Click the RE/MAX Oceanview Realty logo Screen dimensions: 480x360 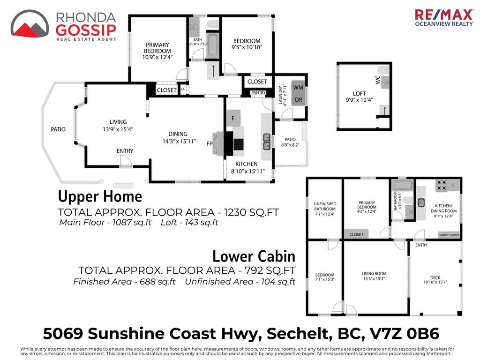(443, 18)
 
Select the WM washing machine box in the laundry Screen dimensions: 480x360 (298, 88)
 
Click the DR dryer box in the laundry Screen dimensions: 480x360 (298, 100)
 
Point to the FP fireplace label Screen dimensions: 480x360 (210, 143)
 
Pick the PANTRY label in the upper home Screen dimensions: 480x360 (258, 92)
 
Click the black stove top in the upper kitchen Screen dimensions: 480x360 (239, 144)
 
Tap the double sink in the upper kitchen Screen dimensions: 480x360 (267, 142)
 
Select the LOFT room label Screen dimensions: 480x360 (360, 94)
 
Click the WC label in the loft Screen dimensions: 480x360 (378, 80)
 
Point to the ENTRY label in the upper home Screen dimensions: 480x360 (125, 151)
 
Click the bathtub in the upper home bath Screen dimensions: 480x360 (212, 46)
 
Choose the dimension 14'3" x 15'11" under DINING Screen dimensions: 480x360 (179, 141)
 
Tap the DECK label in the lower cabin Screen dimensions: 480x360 (435, 277)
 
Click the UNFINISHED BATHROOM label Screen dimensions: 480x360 (325, 206)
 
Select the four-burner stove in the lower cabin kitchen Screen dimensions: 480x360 (442, 185)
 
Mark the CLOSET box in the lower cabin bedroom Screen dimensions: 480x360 (356, 234)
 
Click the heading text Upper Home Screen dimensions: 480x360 (100, 196)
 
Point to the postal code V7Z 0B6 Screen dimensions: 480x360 (405, 333)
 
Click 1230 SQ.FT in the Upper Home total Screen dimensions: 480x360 (252, 212)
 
